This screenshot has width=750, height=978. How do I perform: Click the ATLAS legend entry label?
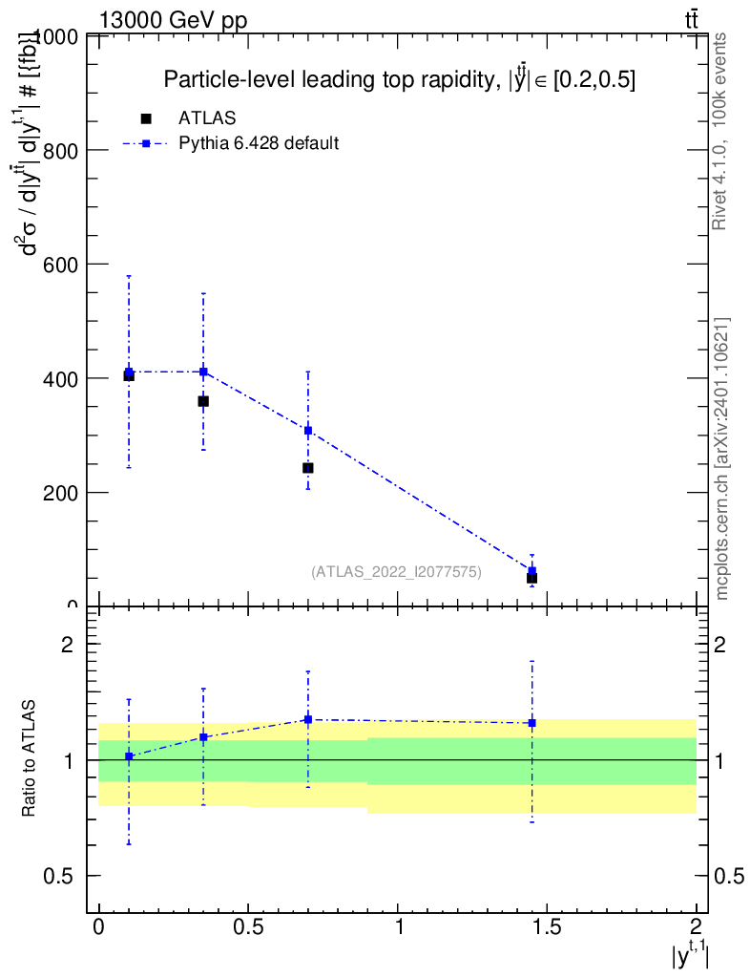tap(207, 118)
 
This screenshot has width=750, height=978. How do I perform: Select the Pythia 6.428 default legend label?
tap(260, 144)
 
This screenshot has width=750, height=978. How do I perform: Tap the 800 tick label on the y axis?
tap(59, 150)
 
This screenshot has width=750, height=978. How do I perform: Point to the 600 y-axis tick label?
tap(59, 264)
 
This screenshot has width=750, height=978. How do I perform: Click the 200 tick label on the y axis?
tap(59, 493)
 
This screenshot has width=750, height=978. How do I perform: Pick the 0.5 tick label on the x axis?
tap(248, 926)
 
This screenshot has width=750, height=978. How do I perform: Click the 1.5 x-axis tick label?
tap(547, 926)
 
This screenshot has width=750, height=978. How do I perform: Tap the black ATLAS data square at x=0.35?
tap(203, 401)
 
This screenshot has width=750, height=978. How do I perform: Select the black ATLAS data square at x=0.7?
tap(308, 468)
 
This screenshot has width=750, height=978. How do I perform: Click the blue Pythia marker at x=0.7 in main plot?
tap(308, 431)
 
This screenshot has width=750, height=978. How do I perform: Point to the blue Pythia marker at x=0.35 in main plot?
tap(203, 372)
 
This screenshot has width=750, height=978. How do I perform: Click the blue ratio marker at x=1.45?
tap(531, 723)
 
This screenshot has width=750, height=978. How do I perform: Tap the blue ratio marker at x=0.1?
tap(129, 756)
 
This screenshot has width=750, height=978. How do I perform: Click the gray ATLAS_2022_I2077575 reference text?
tap(396, 572)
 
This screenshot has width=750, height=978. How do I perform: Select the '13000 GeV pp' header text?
tap(173, 19)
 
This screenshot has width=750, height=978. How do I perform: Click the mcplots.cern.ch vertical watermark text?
tap(722, 458)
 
